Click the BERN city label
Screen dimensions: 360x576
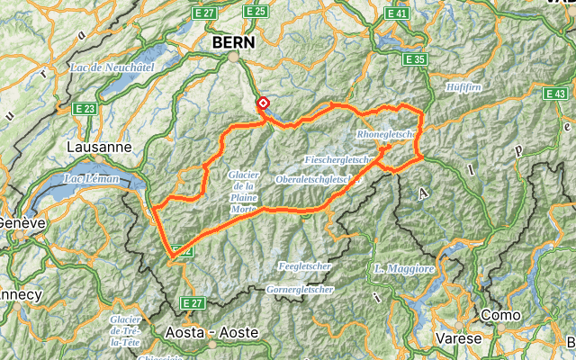233,42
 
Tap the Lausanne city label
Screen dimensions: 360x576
100,147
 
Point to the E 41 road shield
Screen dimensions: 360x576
397,13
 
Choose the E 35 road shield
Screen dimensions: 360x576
415,59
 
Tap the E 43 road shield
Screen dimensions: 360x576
555,94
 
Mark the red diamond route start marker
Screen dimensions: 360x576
263,103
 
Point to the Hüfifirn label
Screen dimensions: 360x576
464,86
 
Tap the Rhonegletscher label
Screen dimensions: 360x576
384,134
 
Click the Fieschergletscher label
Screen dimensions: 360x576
340,159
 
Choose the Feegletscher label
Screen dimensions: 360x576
305,267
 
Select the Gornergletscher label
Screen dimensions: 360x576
301,290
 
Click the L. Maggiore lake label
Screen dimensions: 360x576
404,269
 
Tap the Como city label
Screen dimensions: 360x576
500,315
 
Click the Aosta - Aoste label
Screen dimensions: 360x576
212,332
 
